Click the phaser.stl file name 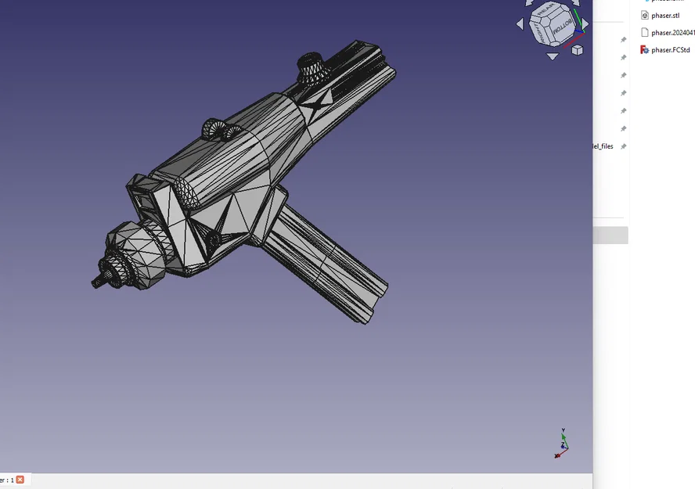click(665, 16)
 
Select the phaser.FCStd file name click(670, 50)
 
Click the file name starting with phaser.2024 click(672, 33)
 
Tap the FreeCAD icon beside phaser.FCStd click(645, 50)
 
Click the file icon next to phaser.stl click(645, 16)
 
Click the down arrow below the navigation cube click(553, 56)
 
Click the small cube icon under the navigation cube click(577, 50)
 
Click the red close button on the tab click(20, 480)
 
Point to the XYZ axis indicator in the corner click(562, 443)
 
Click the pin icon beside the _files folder click(624, 146)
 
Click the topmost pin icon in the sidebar click(624, 40)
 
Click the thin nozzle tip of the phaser click(98, 282)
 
